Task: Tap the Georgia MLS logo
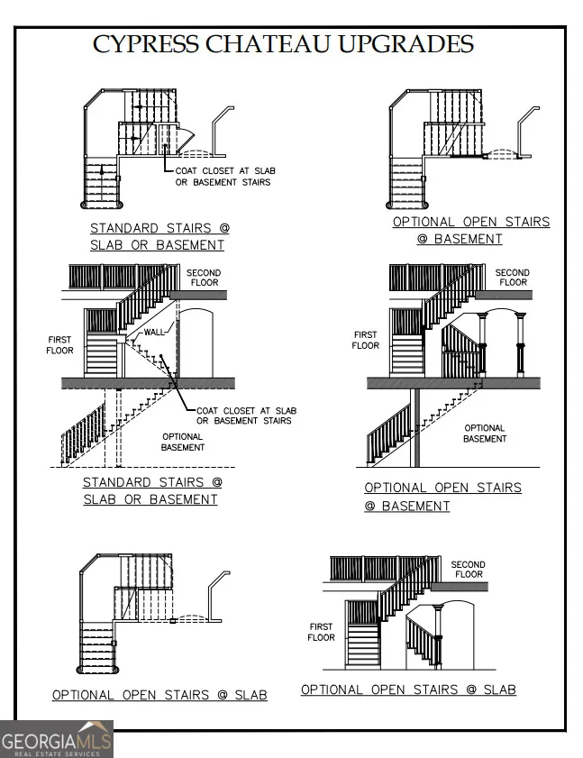pyautogui.click(x=57, y=739)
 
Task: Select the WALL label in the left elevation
pyautogui.click(x=155, y=332)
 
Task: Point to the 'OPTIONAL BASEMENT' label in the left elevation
pyautogui.click(x=182, y=442)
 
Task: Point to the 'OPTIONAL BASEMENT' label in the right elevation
pyautogui.click(x=484, y=434)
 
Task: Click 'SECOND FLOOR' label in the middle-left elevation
pyautogui.click(x=203, y=277)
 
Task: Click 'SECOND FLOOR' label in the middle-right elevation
pyautogui.click(x=513, y=277)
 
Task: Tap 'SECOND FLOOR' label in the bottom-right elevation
pyautogui.click(x=468, y=570)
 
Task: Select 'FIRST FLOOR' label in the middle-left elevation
pyautogui.click(x=59, y=345)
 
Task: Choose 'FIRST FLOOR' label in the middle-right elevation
pyautogui.click(x=366, y=340)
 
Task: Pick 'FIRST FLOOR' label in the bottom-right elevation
pyautogui.click(x=321, y=632)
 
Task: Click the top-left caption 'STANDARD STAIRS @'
pyautogui.click(x=159, y=229)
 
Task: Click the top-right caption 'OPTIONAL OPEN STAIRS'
pyautogui.click(x=470, y=222)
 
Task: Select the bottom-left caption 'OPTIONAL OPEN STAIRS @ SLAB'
pyautogui.click(x=159, y=695)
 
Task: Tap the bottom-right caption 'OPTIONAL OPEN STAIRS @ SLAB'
pyautogui.click(x=408, y=690)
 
